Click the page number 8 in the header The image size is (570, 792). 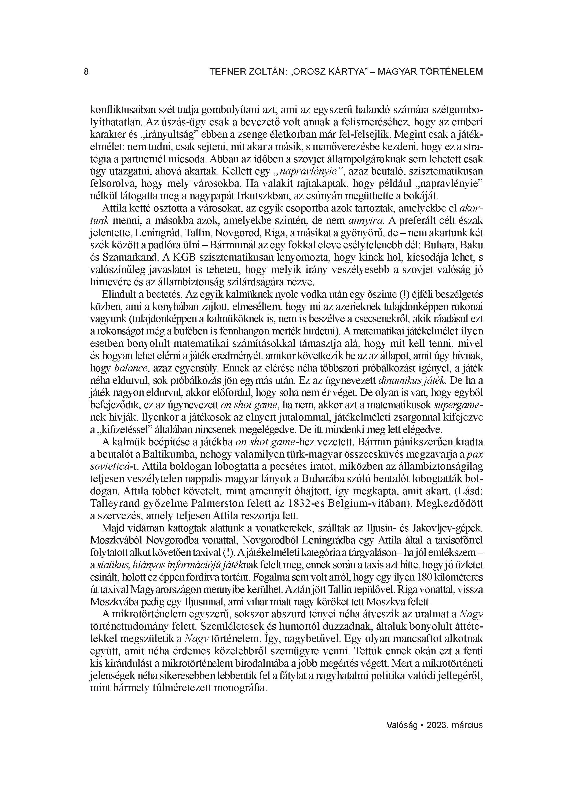(86, 72)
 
